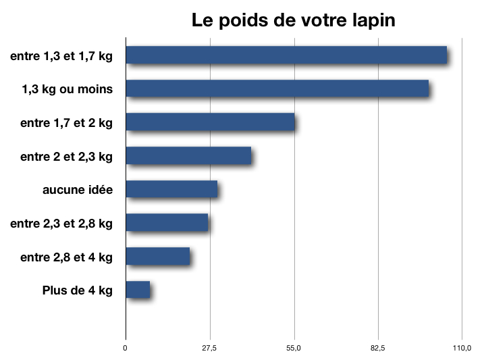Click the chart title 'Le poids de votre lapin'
pyautogui.click(x=293, y=20)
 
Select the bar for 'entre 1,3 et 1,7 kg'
pyautogui.click(x=286, y=55)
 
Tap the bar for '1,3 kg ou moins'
pyautogui.click(x=277, y=88)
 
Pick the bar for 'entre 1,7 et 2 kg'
pyautogui.click(x=210, y=122)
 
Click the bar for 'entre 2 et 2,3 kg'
pyautogui.click(x=188, y=155)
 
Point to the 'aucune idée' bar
pyautogui.click(x=171, y=189)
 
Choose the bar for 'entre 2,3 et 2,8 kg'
pyautogui.click(x=167, y=222)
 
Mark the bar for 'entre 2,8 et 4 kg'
pyautogui.click(x=157, y=256)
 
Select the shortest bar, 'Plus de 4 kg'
pyautogui.click(x=138, y=290)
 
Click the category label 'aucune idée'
pyautogui.click(x=77, y=190)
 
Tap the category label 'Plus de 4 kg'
pyautogui.click(x=77, y=290)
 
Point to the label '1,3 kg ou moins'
pyautogui.click(x=67, y=89)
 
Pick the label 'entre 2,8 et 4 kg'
pyautogui.click(x=66, y=257)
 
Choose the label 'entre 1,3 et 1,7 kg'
pyautogui.click(x=61, y=56)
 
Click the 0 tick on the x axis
pyautogui.click(x=125, y=349)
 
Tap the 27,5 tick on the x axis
pyautogui.click(x=210, y=349)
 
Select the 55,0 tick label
pyautogui.click(x=294, y=349)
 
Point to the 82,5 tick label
pyautogui.click(x=378, y=349)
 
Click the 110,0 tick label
pyautogui.click(x=462, y=349)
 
